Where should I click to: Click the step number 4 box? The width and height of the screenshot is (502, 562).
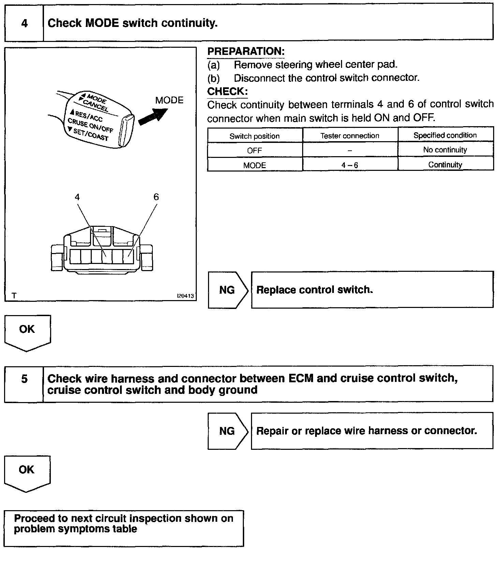24,23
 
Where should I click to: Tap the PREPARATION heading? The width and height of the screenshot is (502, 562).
246,51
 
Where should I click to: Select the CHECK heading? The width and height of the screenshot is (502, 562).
227,91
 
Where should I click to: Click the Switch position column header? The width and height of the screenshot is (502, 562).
254,136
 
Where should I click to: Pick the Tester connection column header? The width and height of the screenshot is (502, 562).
350,136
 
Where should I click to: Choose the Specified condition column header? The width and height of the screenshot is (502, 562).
445,135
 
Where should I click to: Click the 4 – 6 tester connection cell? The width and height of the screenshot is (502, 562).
350,165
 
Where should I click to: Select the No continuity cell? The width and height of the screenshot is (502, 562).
445,150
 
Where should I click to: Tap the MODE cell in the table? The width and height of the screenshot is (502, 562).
254,165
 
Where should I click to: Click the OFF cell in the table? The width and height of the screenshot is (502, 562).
254,150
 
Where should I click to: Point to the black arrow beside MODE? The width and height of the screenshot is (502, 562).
152,115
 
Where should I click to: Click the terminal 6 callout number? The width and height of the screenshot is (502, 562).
156,197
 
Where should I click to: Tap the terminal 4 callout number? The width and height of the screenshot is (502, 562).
77,197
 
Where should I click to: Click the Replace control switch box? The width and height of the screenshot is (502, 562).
372,290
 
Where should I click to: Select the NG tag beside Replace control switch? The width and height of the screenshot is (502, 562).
227,290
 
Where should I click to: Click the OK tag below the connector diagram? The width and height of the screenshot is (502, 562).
27,329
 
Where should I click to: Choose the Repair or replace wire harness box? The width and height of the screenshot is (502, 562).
372,431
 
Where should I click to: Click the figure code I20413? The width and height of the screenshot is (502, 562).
185,296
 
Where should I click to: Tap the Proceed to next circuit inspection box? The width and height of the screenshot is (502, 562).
124,528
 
